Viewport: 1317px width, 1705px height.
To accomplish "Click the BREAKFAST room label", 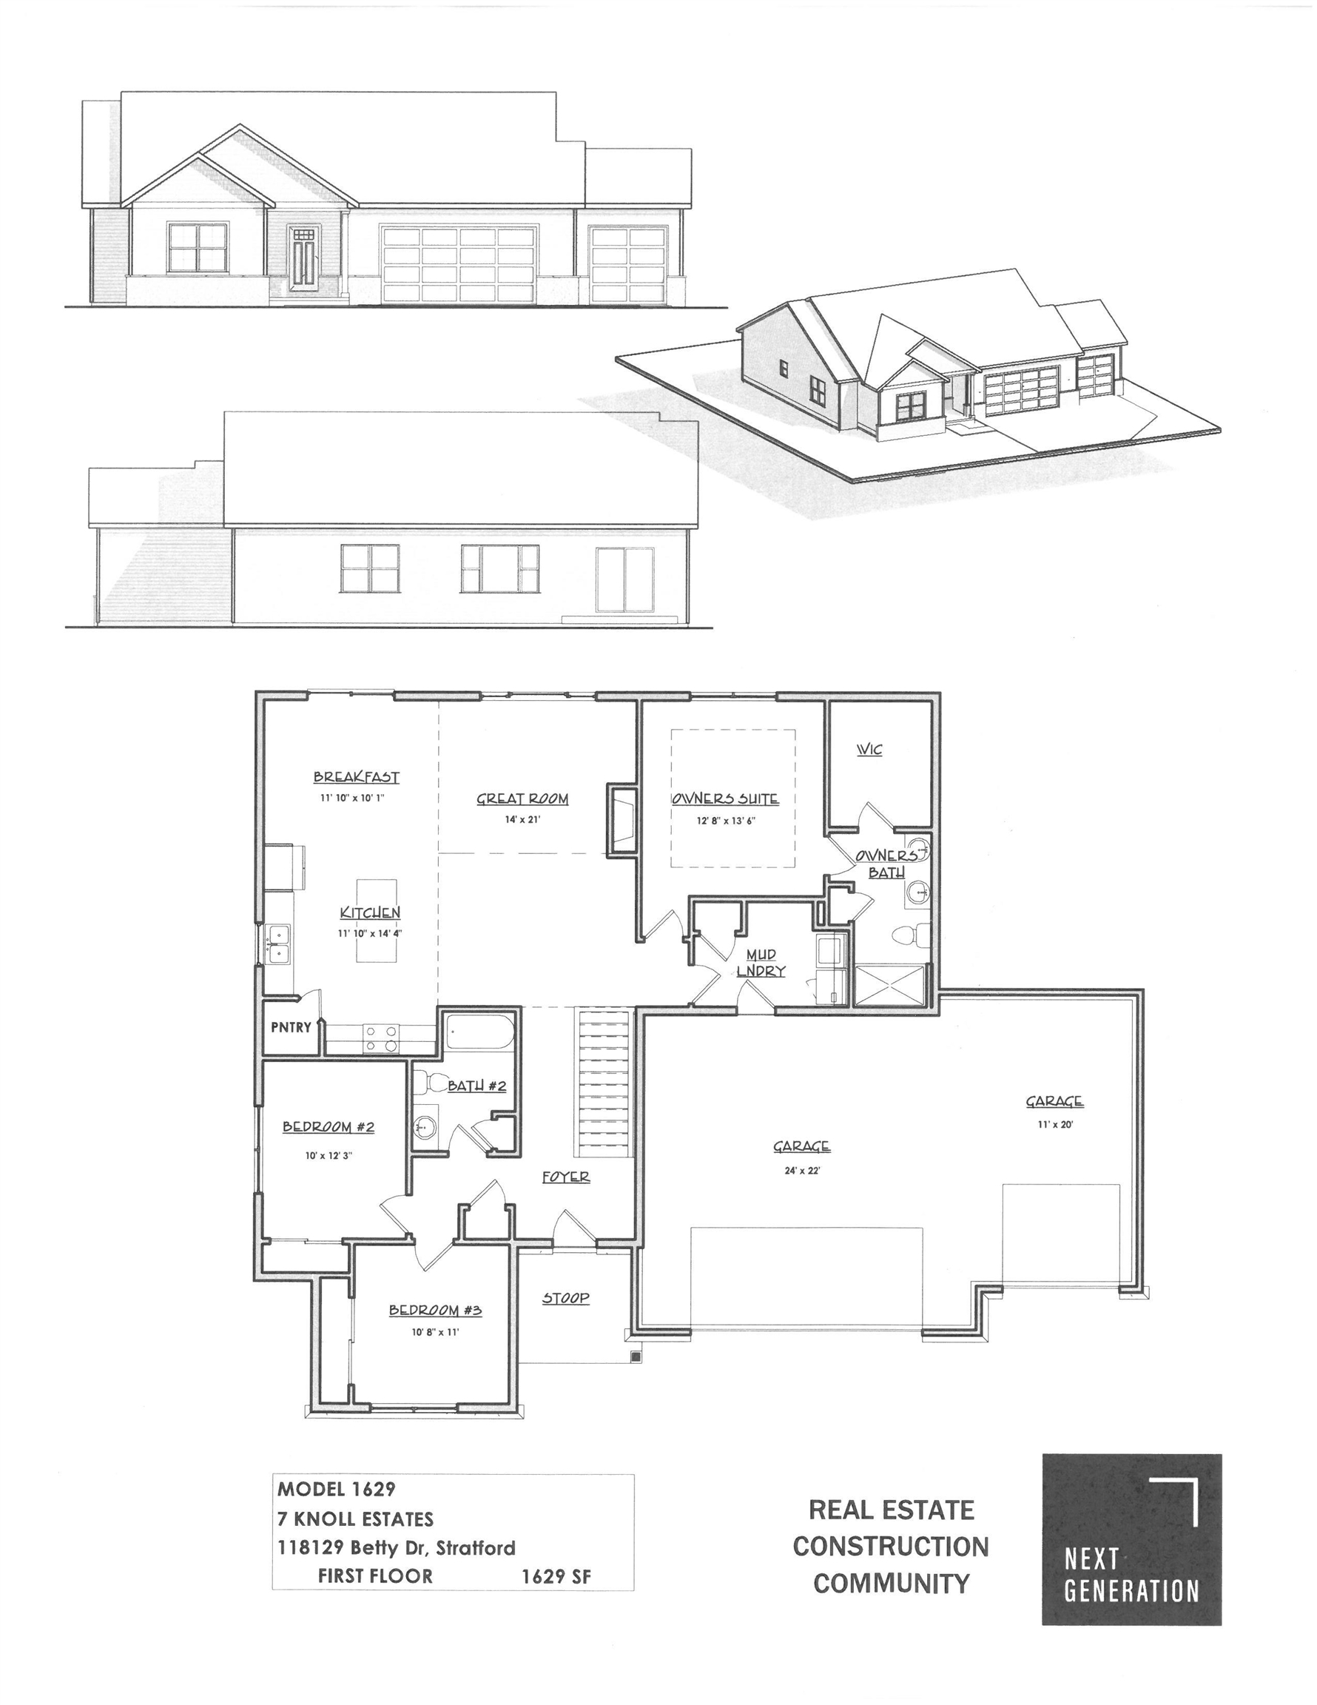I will pos(356,777).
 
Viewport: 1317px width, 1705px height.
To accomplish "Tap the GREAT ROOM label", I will pos(522,798).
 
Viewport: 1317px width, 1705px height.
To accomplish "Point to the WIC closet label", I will pos(869,750).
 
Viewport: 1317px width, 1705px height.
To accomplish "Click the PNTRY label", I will pos(291,1027).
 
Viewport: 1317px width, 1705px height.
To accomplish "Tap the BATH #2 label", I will pos(477,1085).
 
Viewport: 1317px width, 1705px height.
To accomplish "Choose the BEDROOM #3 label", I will pos(435,1310).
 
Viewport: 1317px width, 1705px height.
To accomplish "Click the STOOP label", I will pos(566,1298).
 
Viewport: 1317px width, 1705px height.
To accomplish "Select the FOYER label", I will pos(566,1177).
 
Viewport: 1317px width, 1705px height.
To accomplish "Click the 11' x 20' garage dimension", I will pos(1054,1125).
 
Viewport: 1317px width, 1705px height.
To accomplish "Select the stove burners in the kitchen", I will pos(381,1039).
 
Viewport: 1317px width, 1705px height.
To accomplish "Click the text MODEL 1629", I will pos(337,1489).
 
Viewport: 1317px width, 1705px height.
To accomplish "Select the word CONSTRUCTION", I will pos(891,1546).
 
